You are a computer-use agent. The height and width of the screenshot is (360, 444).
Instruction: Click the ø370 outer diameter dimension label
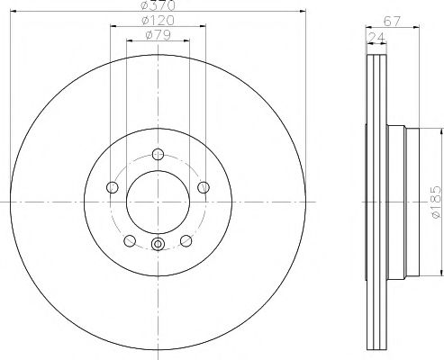point(159,6)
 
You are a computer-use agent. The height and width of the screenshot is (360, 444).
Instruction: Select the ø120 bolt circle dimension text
point(159,20)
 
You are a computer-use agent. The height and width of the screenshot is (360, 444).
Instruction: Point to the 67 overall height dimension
point(391,20)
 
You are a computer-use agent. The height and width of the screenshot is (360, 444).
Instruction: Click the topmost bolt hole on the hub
point(158,153)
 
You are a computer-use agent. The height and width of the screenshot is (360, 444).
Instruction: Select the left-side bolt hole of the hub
point(113,186)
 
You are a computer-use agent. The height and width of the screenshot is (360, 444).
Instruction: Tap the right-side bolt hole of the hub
point(204,186)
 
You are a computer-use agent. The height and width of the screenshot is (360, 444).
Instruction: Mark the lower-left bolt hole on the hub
point(130,240)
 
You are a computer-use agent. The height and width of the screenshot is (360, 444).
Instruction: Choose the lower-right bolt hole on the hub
point(186,240)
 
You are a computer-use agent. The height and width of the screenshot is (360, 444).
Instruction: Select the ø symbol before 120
point(148,20)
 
